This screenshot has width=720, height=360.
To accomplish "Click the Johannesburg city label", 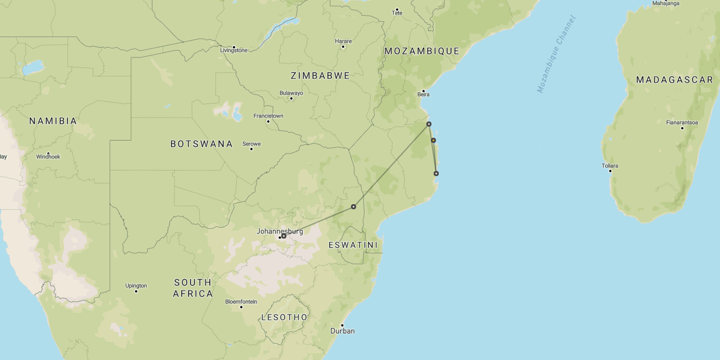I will click(x=280, y=231).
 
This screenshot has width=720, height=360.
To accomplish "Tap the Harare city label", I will click(x=343, y=41).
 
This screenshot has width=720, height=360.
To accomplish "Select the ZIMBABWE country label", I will click(x=320, y=75).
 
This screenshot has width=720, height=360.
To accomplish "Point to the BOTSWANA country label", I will click(x=201, y=144).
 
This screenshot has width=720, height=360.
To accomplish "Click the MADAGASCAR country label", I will click(x=674, y=80).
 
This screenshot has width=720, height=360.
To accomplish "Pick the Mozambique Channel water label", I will click(x=556, y=54).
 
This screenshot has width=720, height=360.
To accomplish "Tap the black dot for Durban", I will click(x=342, y=325).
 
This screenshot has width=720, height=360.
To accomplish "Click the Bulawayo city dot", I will click(x=291, y=98).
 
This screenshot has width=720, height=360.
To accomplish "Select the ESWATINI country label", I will click(x=353, y=245).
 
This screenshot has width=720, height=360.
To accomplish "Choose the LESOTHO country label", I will click(x=285, y=317).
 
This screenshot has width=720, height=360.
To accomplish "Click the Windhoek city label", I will click(x=48, y=156).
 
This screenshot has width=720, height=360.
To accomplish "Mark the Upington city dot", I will click(x=136, y=291).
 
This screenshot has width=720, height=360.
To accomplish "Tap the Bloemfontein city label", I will click(x=241, y=301).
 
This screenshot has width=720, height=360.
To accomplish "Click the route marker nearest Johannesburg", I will click(x=284, y=236).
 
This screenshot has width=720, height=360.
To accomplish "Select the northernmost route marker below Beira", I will click(x=429, y=124).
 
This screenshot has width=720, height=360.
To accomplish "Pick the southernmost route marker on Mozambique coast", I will click(x=436, y=173).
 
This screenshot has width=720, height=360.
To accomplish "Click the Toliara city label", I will click(x=610, y=166).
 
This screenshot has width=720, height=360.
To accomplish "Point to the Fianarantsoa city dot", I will click(x=682, y=128).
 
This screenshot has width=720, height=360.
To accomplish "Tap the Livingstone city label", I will click(x=234, y=50).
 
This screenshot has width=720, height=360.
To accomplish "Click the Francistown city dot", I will click(x=268, y=121).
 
